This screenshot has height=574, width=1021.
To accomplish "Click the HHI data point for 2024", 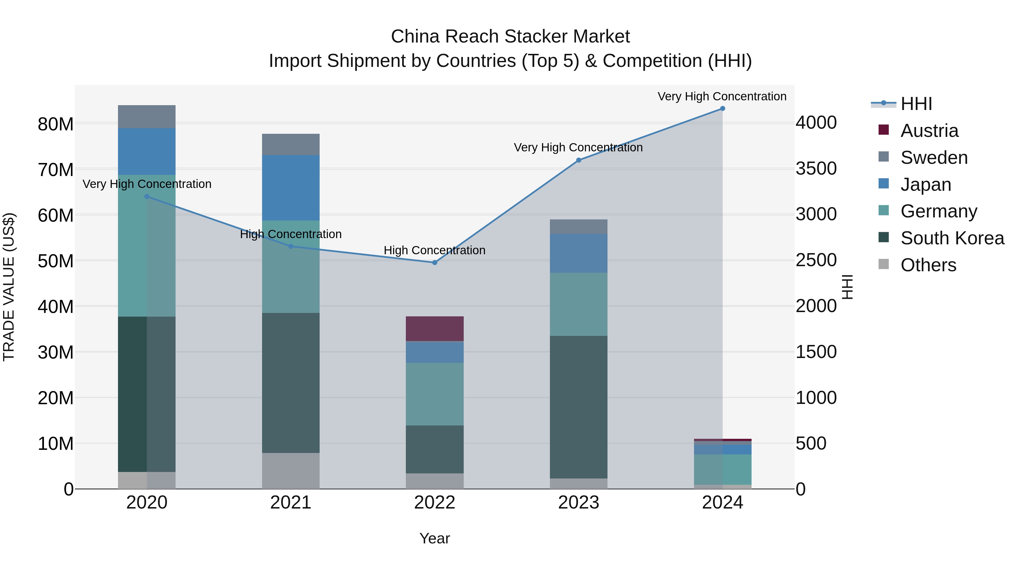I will tap(722, 109).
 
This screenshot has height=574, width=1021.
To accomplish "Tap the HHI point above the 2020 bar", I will tap(147, 196).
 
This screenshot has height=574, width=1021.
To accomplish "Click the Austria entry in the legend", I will tap(929, 131).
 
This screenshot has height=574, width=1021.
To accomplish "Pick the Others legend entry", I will tap(928, 265).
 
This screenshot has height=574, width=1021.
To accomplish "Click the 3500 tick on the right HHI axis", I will tap(816, 169).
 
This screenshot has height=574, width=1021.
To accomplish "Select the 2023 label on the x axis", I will tap(578, 503).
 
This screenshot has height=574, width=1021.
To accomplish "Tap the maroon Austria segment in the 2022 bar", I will tap(434, 329).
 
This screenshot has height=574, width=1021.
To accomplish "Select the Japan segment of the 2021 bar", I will tap(290, 188).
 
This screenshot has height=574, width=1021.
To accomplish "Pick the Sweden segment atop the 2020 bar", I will tap(147, 117).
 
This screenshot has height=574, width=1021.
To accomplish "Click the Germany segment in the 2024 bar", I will tap(722, 469).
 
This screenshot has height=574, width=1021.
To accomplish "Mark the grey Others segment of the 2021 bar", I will tap(290, 471).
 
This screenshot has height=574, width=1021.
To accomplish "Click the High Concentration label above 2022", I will tap(434, 250).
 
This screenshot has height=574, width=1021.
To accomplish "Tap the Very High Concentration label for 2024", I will tap(722, 96).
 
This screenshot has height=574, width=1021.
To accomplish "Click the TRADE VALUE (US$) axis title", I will tap(9, 287).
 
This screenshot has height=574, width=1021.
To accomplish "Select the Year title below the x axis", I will tap(434, 538).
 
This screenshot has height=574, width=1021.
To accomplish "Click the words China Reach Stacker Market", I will tap(510, 37).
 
